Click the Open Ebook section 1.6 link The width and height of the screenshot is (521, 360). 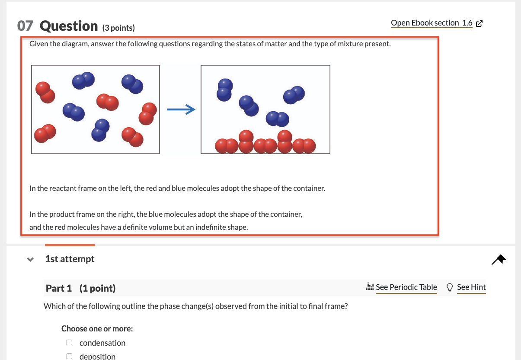coord(432,23)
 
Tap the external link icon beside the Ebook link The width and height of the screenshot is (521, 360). coord(479,23)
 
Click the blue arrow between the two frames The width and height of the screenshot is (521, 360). coord(181,109)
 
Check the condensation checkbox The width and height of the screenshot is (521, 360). coord(69,343)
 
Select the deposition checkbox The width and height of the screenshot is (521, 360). coord(69,356)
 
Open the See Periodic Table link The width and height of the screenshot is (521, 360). coord(406,287)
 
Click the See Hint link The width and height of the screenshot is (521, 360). coord(471,287)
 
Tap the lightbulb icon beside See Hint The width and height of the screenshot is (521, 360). coord(450,287)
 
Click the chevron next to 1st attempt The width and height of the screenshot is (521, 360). coord(30,259)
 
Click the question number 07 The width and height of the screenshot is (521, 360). coord(25,26)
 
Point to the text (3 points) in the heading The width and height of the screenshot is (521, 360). coord(118,28)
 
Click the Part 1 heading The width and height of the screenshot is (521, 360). coord(80,288)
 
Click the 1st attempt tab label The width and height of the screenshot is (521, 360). coord(70,259)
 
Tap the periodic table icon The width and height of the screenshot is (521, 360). coord(370,286)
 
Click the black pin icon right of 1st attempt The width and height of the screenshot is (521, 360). coord(499,260)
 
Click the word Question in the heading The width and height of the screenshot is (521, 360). coord(69,26)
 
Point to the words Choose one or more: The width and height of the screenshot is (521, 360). coord(97,328)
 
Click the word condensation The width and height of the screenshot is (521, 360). coord(102,343)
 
